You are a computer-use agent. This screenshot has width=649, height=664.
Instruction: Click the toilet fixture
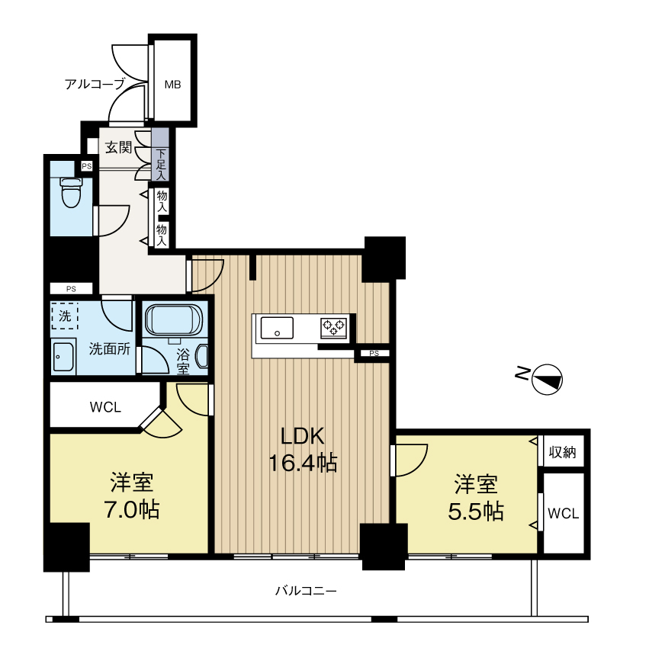71,192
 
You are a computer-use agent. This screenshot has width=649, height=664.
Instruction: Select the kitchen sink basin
277,328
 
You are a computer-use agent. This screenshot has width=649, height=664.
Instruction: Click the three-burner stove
334,328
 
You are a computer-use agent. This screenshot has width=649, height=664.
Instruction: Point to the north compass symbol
547,379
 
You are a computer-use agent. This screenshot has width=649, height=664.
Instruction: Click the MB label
173,85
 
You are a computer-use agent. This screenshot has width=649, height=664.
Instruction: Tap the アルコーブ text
95,84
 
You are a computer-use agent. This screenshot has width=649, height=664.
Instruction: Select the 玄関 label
119,147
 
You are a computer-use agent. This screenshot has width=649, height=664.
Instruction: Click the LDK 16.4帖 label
303,449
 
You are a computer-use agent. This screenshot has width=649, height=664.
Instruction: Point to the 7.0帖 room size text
132,509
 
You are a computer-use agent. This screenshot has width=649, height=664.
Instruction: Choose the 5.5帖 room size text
476,511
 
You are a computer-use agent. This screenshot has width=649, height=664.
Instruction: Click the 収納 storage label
563,452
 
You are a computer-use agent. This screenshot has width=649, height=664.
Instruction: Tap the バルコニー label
306,590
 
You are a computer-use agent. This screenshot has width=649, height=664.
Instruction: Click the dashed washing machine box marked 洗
65,316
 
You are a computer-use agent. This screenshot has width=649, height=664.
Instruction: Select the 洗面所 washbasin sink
63,357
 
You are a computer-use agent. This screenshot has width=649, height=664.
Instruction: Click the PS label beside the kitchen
374,353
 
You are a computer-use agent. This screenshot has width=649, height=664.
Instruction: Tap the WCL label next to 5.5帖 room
563,514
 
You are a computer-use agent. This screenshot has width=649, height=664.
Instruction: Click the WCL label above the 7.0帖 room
105,407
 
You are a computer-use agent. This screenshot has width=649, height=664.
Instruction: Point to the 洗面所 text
109,349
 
